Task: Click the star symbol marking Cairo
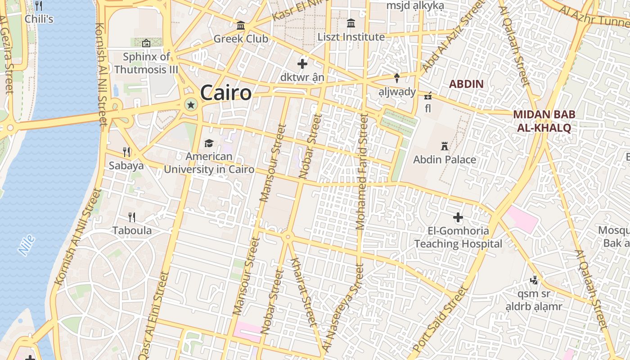click(191, 105)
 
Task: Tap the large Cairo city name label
click(225, 93)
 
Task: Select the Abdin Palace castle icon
click(445, 146)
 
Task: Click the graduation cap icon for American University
click(209, 144)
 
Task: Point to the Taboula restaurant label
click(132, 231)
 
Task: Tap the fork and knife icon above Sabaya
click(127, 152)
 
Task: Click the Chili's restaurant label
click(39, 19)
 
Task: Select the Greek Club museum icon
click(241, 26)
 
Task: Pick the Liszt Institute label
click(351, 37)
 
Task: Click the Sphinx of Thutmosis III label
click(146, 63)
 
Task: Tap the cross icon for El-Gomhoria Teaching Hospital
click(458, 218)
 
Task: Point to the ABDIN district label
click(466, 84)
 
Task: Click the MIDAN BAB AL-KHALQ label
click(544, 121)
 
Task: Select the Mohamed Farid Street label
click(362, 171)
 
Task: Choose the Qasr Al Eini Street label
click(154, 315)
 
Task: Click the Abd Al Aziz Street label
click(453, 36)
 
